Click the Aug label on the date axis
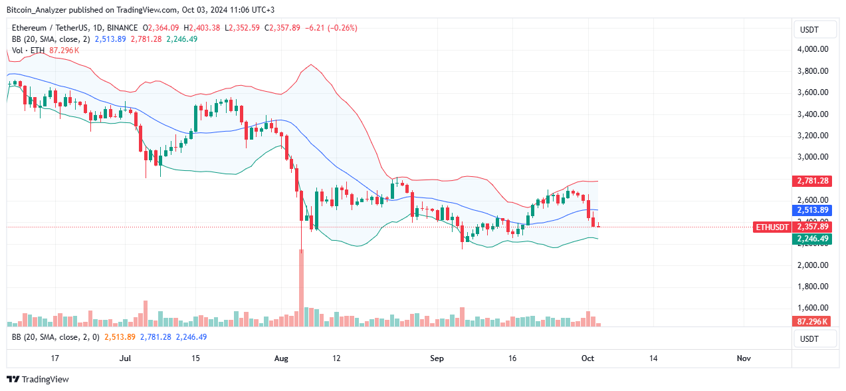282,358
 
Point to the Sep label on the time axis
437,358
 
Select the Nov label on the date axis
744,358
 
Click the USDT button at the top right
815,30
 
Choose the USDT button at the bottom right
815,338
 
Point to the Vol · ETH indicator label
27,50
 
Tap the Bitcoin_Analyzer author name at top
42,10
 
